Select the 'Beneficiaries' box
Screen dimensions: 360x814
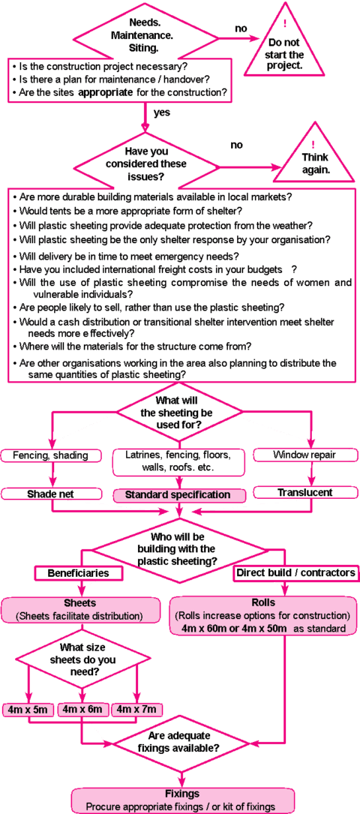[x=78, y=573]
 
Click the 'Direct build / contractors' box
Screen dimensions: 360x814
[x=295, y=573]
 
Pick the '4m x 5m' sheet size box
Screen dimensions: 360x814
[x=28, y=709]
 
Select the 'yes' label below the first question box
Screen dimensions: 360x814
[x=163, y=112]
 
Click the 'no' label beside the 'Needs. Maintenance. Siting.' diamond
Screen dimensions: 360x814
[x=241, y=28]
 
